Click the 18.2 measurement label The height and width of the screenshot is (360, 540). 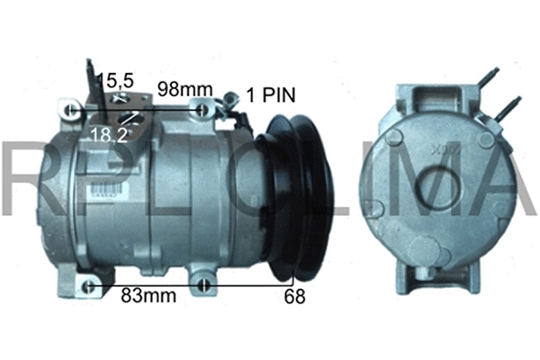click(108, 134)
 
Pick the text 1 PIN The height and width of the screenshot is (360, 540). click(271, 94)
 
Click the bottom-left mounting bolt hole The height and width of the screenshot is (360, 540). click(88, 286)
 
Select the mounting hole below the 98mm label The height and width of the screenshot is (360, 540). click(206, 111)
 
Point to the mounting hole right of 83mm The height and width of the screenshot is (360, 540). click(207, 287)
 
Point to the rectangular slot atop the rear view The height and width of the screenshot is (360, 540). click(440, 93)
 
